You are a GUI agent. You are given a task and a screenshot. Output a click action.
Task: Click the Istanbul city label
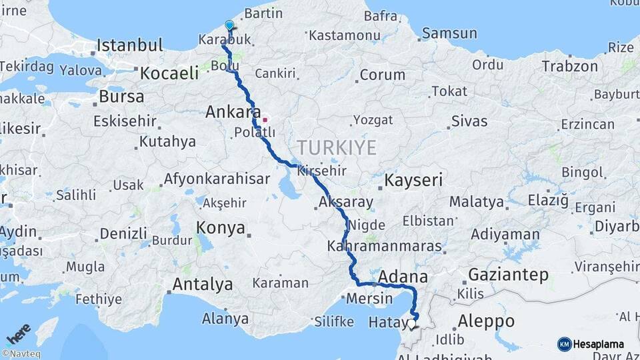click(x=129, y=45)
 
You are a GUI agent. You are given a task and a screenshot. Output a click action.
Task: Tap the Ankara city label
click(x=232, y=112)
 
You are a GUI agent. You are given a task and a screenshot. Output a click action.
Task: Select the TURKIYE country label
click(x=337, y=147)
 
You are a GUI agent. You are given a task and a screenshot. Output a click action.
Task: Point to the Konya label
click(x=220, y=228)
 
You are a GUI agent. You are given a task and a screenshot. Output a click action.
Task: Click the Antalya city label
click(x=203, y=285)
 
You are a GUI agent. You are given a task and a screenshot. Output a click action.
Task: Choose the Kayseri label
click(x=413, y=180)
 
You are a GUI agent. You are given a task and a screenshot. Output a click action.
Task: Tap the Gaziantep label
click(x=508, y=274)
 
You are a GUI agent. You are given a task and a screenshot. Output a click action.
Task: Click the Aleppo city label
click(x=486, y=321)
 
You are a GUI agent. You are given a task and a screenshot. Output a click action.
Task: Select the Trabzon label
click(x=569, y=66)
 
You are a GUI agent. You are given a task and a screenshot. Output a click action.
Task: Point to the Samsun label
click(x=449, y=33)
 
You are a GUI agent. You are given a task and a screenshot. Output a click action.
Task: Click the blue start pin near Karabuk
click(x=229, y=25)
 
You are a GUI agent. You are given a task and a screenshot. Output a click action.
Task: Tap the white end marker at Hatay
click(x=411, y=325)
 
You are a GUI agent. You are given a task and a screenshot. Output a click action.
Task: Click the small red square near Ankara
click(x=265, y=120)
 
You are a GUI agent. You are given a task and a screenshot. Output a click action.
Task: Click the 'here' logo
click(x=19, y=332)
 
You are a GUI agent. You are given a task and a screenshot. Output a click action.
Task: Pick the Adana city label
click(x=403, y=276)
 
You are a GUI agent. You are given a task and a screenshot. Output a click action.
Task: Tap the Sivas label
click(x=469, y=121)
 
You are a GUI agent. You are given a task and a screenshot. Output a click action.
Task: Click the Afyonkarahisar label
click(x=216, y=179)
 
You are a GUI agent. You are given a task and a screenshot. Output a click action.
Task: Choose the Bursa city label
click(x=121, y=96)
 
